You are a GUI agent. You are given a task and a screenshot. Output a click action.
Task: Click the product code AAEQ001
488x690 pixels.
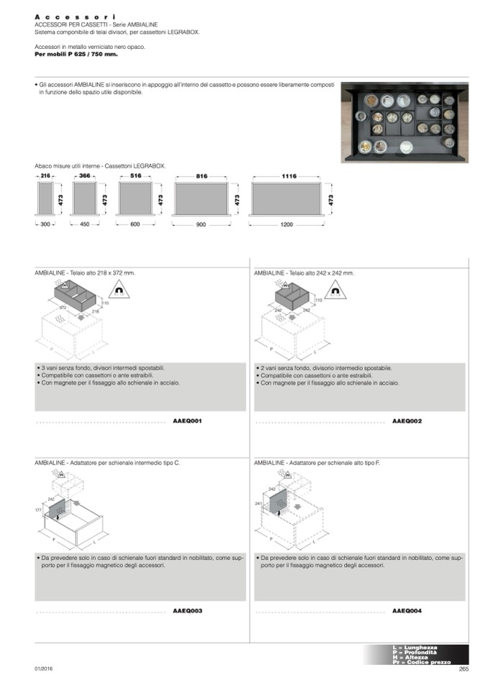187,420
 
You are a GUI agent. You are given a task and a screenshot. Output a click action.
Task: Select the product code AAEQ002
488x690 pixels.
407,420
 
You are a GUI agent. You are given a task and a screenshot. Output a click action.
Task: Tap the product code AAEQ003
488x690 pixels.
187,610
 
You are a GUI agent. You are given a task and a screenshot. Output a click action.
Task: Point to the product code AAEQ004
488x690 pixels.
407,610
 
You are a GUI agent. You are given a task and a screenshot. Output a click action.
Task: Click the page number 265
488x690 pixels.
463,668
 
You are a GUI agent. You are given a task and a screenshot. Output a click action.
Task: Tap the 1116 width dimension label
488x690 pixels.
289,176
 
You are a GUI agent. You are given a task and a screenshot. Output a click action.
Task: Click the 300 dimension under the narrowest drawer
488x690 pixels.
45,225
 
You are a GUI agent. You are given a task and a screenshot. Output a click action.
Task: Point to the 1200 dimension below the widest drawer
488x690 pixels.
286,225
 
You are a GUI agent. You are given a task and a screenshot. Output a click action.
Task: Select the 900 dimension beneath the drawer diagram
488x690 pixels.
201,225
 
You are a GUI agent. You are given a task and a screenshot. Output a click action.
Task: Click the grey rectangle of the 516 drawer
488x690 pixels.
135,199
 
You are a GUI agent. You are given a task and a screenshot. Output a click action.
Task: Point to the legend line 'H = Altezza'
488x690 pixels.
410,657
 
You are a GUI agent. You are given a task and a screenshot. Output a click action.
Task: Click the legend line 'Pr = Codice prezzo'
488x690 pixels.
421,662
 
